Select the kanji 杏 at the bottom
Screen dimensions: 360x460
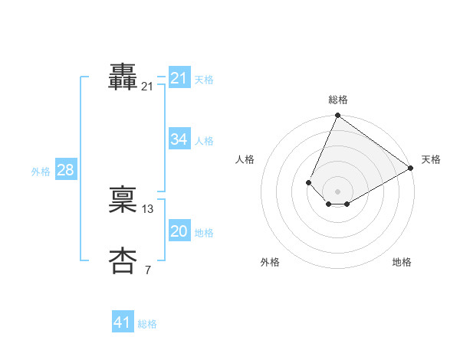pyautogui.click(x=123, y=260)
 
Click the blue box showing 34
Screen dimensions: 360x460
pyautogui.click(x=179, y=139)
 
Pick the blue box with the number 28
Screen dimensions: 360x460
pyautogui.click(x=65, y=170)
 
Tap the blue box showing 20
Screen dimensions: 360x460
pyautogui.click(x=179, y=231)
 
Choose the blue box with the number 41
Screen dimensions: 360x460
pyautogui.click(x=123, y=322)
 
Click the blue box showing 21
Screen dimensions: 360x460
pyautogui.click(x=179, y=78)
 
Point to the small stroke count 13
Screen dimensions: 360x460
pyautogui.click(x=148, y=209)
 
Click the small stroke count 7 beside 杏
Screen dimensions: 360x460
pyautogui.click(x=147, y=270)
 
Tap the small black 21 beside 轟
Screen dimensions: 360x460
pyautogui.click(x=148, y=87)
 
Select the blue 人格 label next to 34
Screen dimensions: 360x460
pyautogui.click(x=204, y=141)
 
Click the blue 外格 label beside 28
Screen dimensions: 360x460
pyautogui.click(x=41, y=172)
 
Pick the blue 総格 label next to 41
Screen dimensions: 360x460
pyautogui.click(x=147, y=325)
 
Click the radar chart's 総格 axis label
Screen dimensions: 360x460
pyautogui.click(x=338, y=100)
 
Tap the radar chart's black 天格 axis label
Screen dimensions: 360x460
pyautogui.click(x=431, y=159)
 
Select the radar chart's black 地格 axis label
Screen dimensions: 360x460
pyautogui.click(x=402, y=262)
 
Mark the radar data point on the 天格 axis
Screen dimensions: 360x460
pyautogui.click(x=411, y=169)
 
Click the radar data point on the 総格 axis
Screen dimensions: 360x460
pyautogui.click(x=337, y=116)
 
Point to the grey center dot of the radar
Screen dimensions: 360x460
pyautogui.click(x=337, y=191)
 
